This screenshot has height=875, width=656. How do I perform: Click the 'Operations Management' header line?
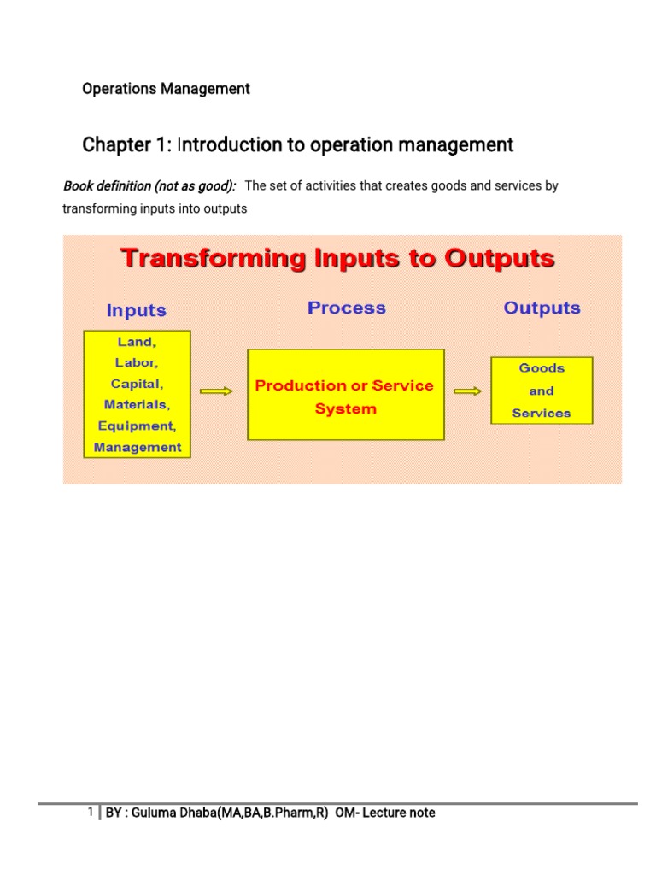[166, 89]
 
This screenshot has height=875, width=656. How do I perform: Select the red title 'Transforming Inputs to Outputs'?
[337, 258]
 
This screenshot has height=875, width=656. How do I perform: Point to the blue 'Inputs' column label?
[137, 310]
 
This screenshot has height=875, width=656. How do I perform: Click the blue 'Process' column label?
[346, 308]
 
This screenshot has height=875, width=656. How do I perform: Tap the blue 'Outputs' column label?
[542, 308]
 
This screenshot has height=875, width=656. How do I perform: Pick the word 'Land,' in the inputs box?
[137, 342]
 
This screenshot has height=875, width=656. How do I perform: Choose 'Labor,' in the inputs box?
[137, 362]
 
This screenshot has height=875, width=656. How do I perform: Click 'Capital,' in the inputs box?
[137, 384]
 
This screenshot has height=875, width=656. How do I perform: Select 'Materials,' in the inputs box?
[137, 404]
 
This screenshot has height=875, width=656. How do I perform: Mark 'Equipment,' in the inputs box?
[137, 426]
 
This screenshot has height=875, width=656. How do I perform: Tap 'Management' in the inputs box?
[137, 447]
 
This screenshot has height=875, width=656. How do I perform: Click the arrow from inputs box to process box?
[216, 391]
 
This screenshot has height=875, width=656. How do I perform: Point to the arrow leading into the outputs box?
[467, 391]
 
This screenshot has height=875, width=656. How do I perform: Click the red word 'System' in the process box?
[345, 409]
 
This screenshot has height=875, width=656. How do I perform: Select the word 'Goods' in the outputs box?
[542, 368]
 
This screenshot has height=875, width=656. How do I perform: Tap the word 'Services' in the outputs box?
[542, 414]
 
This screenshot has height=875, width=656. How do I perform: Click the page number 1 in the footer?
[91, 812]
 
